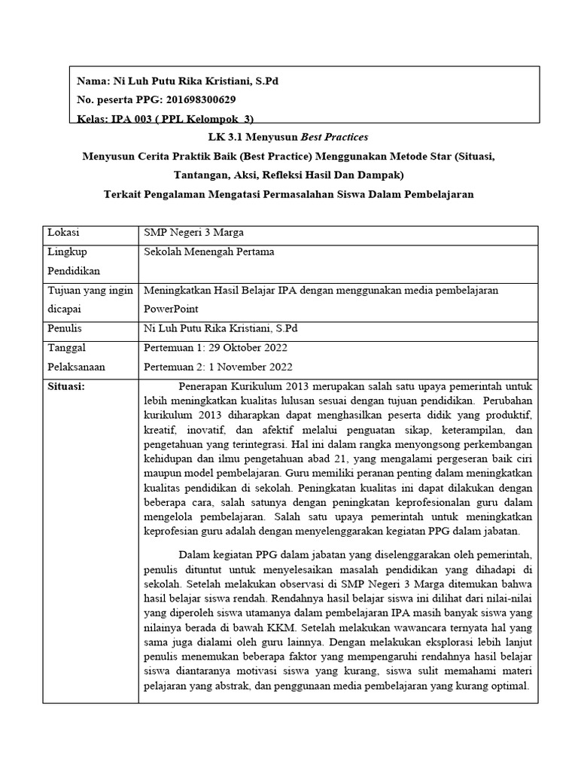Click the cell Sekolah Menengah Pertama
[209, 251]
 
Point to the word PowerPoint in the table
[169, 309]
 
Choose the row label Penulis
[65, 329]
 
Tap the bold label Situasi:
[67, 386]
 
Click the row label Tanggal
[67, 348]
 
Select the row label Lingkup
[66, 251]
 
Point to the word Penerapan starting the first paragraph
[203, 387]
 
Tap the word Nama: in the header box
[93, 81]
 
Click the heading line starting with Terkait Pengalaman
[290, 195]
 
